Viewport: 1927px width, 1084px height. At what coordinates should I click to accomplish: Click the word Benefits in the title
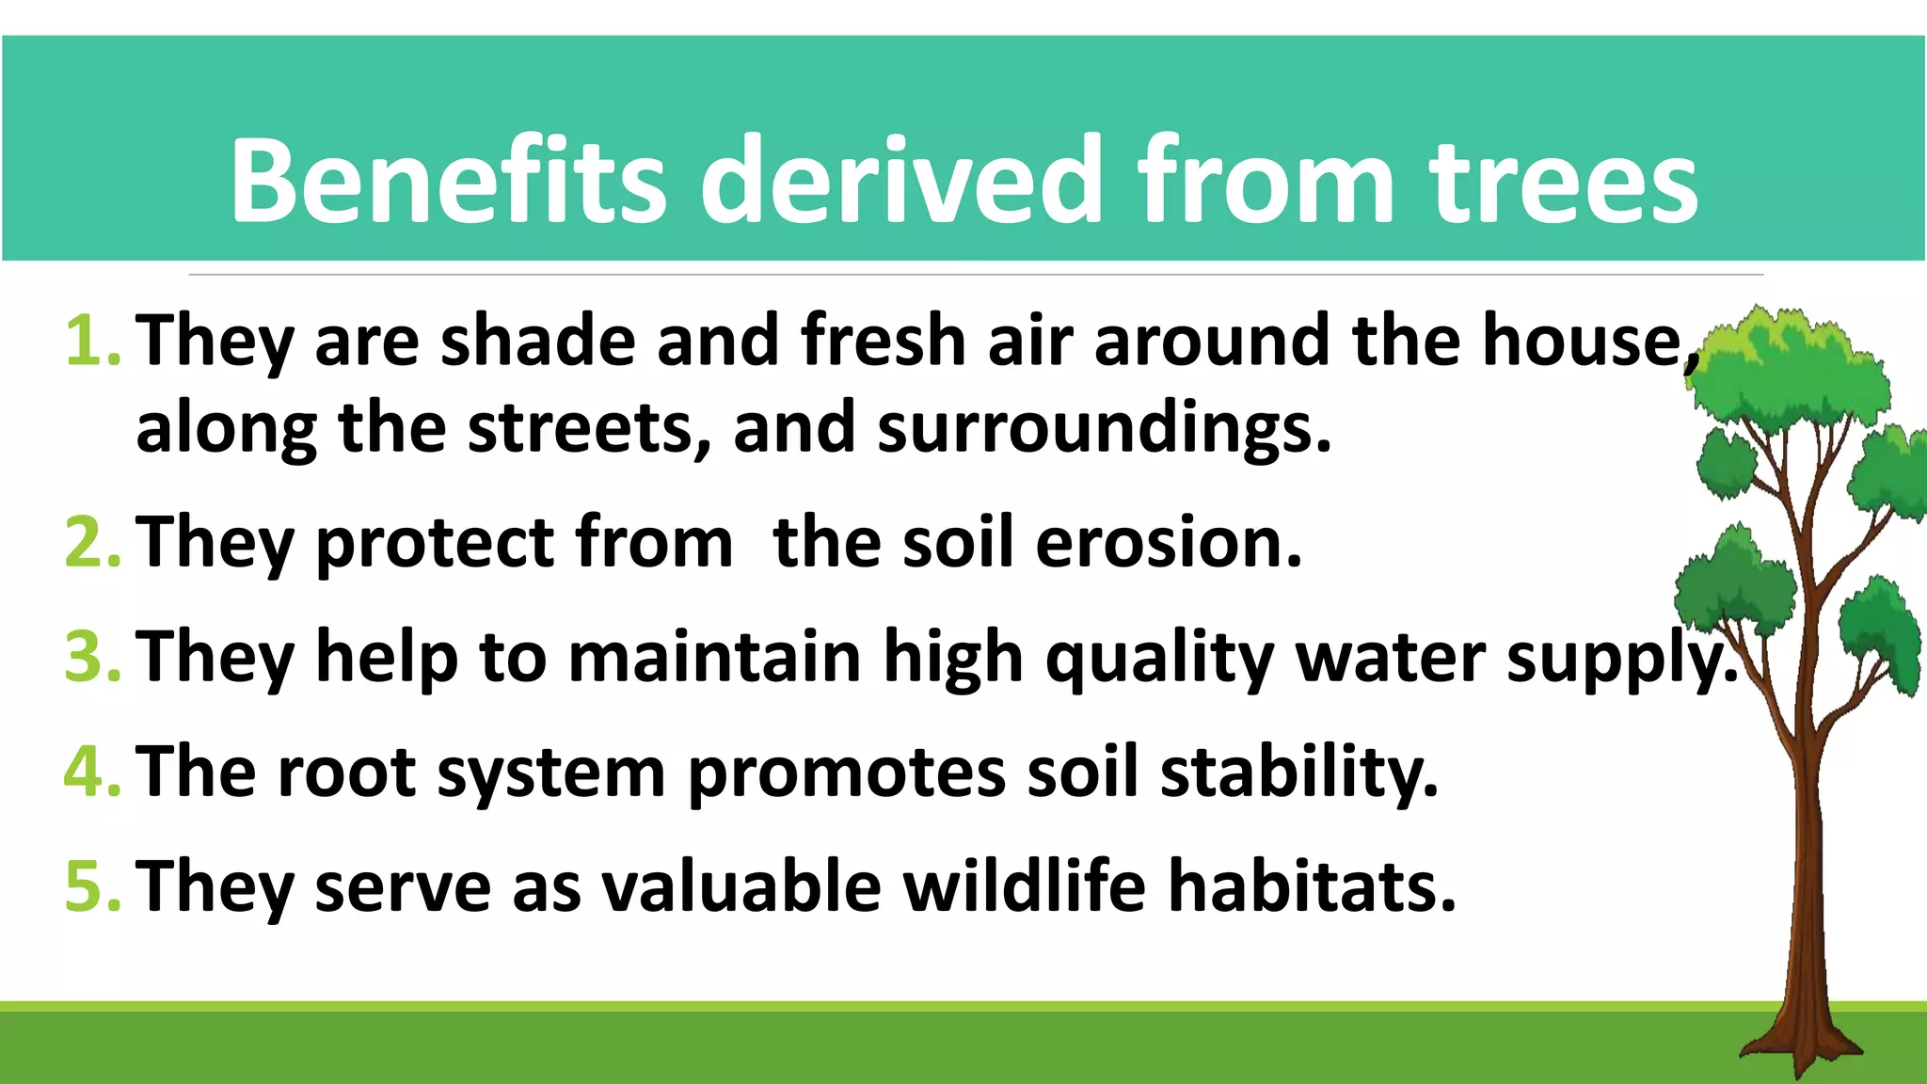pos(448,181)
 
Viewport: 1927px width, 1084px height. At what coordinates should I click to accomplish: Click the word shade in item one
pos(537,341)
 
